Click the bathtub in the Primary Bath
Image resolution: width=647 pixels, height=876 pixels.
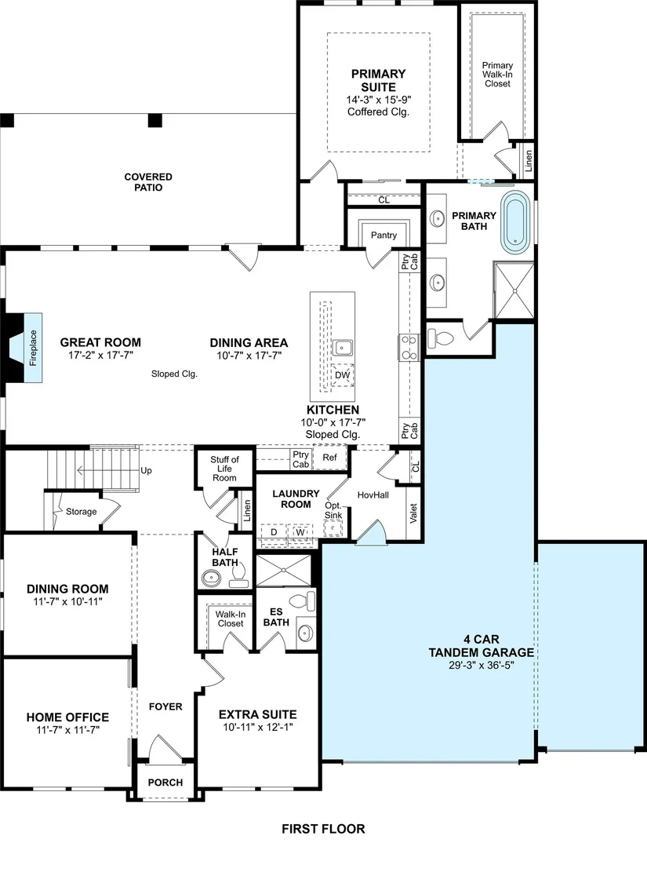[x=516, y=221]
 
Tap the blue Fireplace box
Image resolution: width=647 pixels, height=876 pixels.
[x=33, y=348]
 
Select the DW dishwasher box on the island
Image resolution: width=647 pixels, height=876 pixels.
[x=342, y=375]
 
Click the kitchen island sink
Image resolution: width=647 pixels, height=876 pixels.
[x=342, y=348]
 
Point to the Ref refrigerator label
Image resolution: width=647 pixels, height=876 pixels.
[x=330, y=457]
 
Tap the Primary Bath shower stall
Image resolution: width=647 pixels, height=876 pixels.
[x=514, y=290]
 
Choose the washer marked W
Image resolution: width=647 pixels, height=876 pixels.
[x=300, y=532]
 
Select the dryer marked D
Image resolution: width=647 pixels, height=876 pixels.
[x=274, y=532]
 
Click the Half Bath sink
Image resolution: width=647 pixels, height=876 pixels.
[x=212, y=578]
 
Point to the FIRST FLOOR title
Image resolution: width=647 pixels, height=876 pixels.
[x=323, y=829]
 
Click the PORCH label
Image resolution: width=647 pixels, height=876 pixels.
[x=165, y=782]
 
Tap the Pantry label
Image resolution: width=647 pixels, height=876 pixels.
[x=384, y=235]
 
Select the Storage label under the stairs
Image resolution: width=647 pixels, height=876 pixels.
[x=81, y=511]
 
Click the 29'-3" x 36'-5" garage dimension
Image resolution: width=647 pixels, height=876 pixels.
[x=481, y=666]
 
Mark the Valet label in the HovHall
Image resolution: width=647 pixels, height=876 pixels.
[x=413, y=513]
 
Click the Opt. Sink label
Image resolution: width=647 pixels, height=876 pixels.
[x=333, y=510]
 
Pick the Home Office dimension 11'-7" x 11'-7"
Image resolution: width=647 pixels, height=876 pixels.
[x=67, y=730]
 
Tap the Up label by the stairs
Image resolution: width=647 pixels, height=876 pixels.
[x=146, y=470]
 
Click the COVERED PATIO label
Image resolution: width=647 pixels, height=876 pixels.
[x=148, y=182]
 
